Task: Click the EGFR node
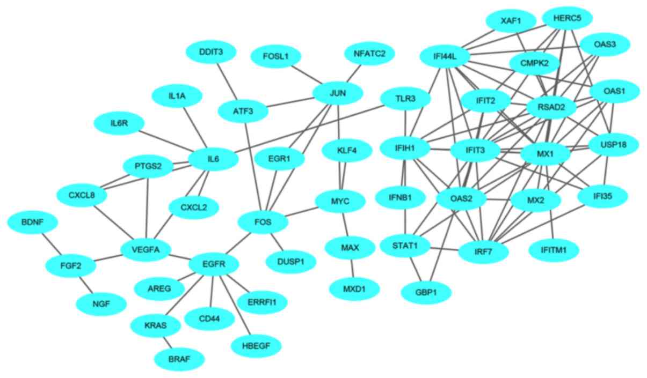point(214,264)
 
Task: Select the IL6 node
point(213,159)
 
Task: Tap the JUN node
point(338,93)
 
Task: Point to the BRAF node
point(179,358)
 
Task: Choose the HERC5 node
point(567,18)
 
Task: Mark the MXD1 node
point(354,289)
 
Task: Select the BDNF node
point(32,221)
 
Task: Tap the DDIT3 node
point(211,52)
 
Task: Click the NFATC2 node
point(369,54)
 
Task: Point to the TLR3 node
point(405,99)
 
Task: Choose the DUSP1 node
point(291,262)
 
